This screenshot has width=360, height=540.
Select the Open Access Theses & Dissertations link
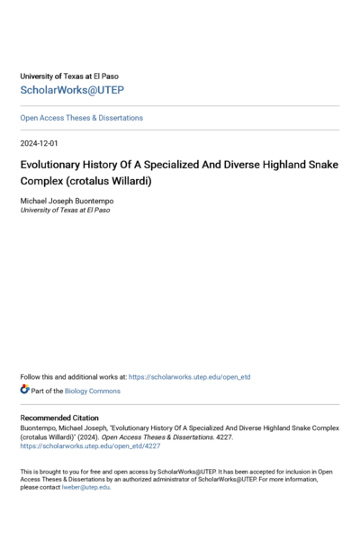(81, 118)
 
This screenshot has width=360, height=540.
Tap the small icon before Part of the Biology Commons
(24, 390)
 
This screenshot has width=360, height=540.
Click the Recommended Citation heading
(62, 419)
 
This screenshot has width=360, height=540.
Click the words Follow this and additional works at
(73, 376)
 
